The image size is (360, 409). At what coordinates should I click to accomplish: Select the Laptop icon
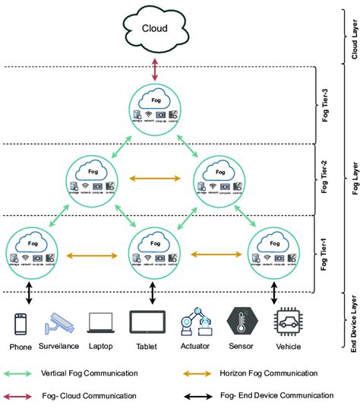point(103,322)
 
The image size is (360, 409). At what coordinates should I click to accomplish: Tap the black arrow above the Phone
point(30,292)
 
